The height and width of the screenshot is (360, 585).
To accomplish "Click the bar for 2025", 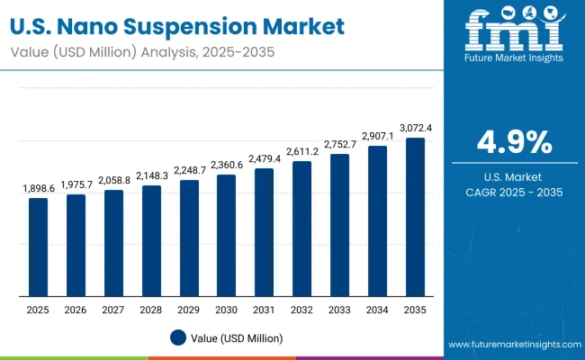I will click(38, 247).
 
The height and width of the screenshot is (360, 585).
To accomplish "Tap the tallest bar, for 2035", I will click(415, 217).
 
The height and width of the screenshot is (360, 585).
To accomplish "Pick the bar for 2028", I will click(151, 240).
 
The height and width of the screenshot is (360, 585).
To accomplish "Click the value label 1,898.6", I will click(38, 189).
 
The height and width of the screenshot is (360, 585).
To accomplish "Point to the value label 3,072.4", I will click(415, 129).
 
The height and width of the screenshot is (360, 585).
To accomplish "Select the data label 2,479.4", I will click(264, 159).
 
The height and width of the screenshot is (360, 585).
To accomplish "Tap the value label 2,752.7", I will click(339, 145).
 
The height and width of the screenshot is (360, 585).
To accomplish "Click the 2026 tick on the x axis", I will click(76, 310).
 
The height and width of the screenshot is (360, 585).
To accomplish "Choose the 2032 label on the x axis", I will click(301, 310).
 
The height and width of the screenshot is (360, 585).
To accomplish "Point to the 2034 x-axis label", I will click(377, 310).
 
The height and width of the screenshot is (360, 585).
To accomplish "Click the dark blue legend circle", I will click(178, 337).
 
